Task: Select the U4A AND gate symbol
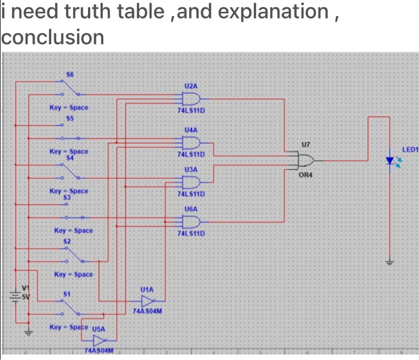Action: click(192, 142)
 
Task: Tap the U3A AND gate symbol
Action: click(192, 182)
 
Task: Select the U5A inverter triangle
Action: click(98, 340)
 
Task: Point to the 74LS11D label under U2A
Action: click(192, 111)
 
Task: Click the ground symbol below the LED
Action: click(390, 261)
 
